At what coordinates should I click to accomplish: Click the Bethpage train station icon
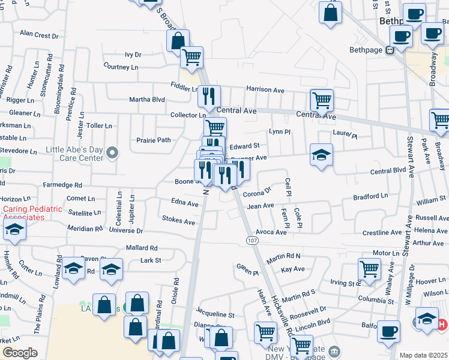pos(390,50)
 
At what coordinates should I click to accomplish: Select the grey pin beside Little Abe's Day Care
pos(112,154)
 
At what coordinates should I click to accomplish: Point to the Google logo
pos(20,353)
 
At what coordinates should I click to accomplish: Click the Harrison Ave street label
pos(265,89)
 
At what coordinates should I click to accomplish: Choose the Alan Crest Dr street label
pos(39,35)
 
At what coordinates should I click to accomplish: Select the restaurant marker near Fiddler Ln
pos(209,95)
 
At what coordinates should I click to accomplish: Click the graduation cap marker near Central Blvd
pos(321,155)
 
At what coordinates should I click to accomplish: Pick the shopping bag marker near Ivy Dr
pos(178,40)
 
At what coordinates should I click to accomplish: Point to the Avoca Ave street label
pos(271,232)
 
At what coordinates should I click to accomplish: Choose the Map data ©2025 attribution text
pos(423,355)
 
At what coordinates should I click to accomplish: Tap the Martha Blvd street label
pos(147,100)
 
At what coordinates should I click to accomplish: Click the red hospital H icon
pos(442,325)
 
